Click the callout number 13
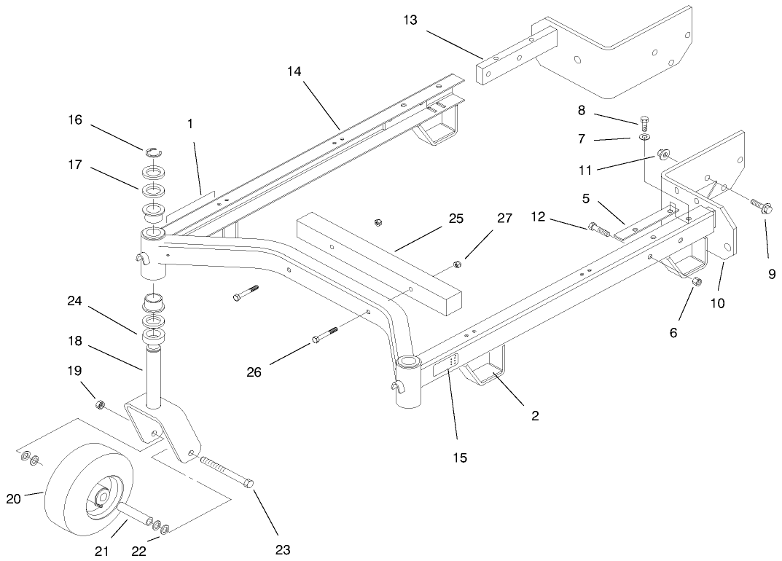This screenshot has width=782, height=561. tap(410, 20)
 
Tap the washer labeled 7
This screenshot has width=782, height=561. tap(646, 136)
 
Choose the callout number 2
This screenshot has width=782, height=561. tap(535, 416)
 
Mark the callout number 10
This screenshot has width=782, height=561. tap(718, 302)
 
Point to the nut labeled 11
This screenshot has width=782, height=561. tap(663, 154)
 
